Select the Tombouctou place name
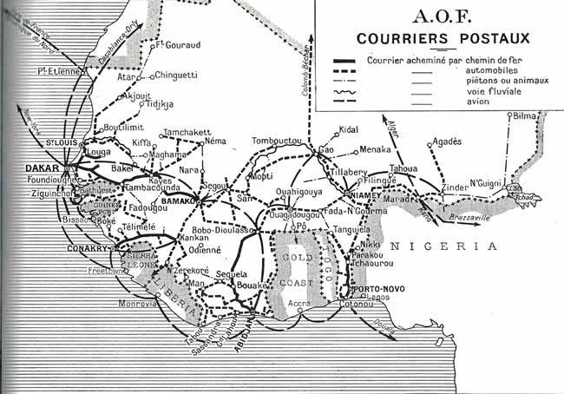(276, 141)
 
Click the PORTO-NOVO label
(377, 290)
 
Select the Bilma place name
(526, 115)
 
